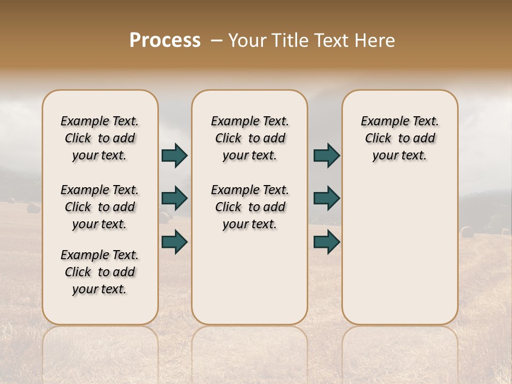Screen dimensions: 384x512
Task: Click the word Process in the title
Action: tap(165, 41)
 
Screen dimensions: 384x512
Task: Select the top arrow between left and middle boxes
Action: tap(174, 156)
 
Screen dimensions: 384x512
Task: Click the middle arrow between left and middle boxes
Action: tap(174, 198)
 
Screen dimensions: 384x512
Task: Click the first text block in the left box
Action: tap(100, 138)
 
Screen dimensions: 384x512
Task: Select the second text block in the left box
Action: tap(100, 207)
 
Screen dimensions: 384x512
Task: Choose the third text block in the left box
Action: tap(100, 272)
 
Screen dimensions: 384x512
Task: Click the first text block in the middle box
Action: tap(250, 138)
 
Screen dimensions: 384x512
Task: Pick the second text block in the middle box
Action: tap(250, 207)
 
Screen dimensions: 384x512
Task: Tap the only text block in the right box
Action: tap(399, 138)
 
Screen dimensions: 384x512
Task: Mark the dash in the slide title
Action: tap(216, 41)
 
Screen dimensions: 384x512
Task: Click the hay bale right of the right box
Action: tap(467, 232)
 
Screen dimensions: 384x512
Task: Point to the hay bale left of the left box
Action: tap(33, 207)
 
